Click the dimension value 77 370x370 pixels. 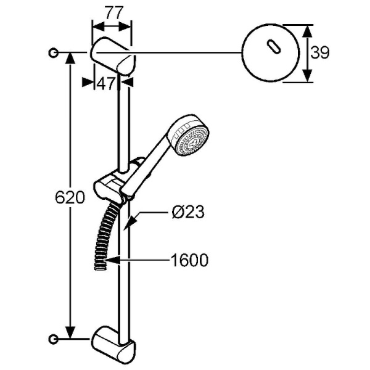(112, 12)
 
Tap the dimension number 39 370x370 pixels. (319, 53)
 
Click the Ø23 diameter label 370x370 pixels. (187, 212)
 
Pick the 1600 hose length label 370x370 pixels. (189, 260)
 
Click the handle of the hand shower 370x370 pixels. (157, 153)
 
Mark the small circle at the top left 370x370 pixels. (54, 53)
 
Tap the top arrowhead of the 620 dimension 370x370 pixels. (72, 57)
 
